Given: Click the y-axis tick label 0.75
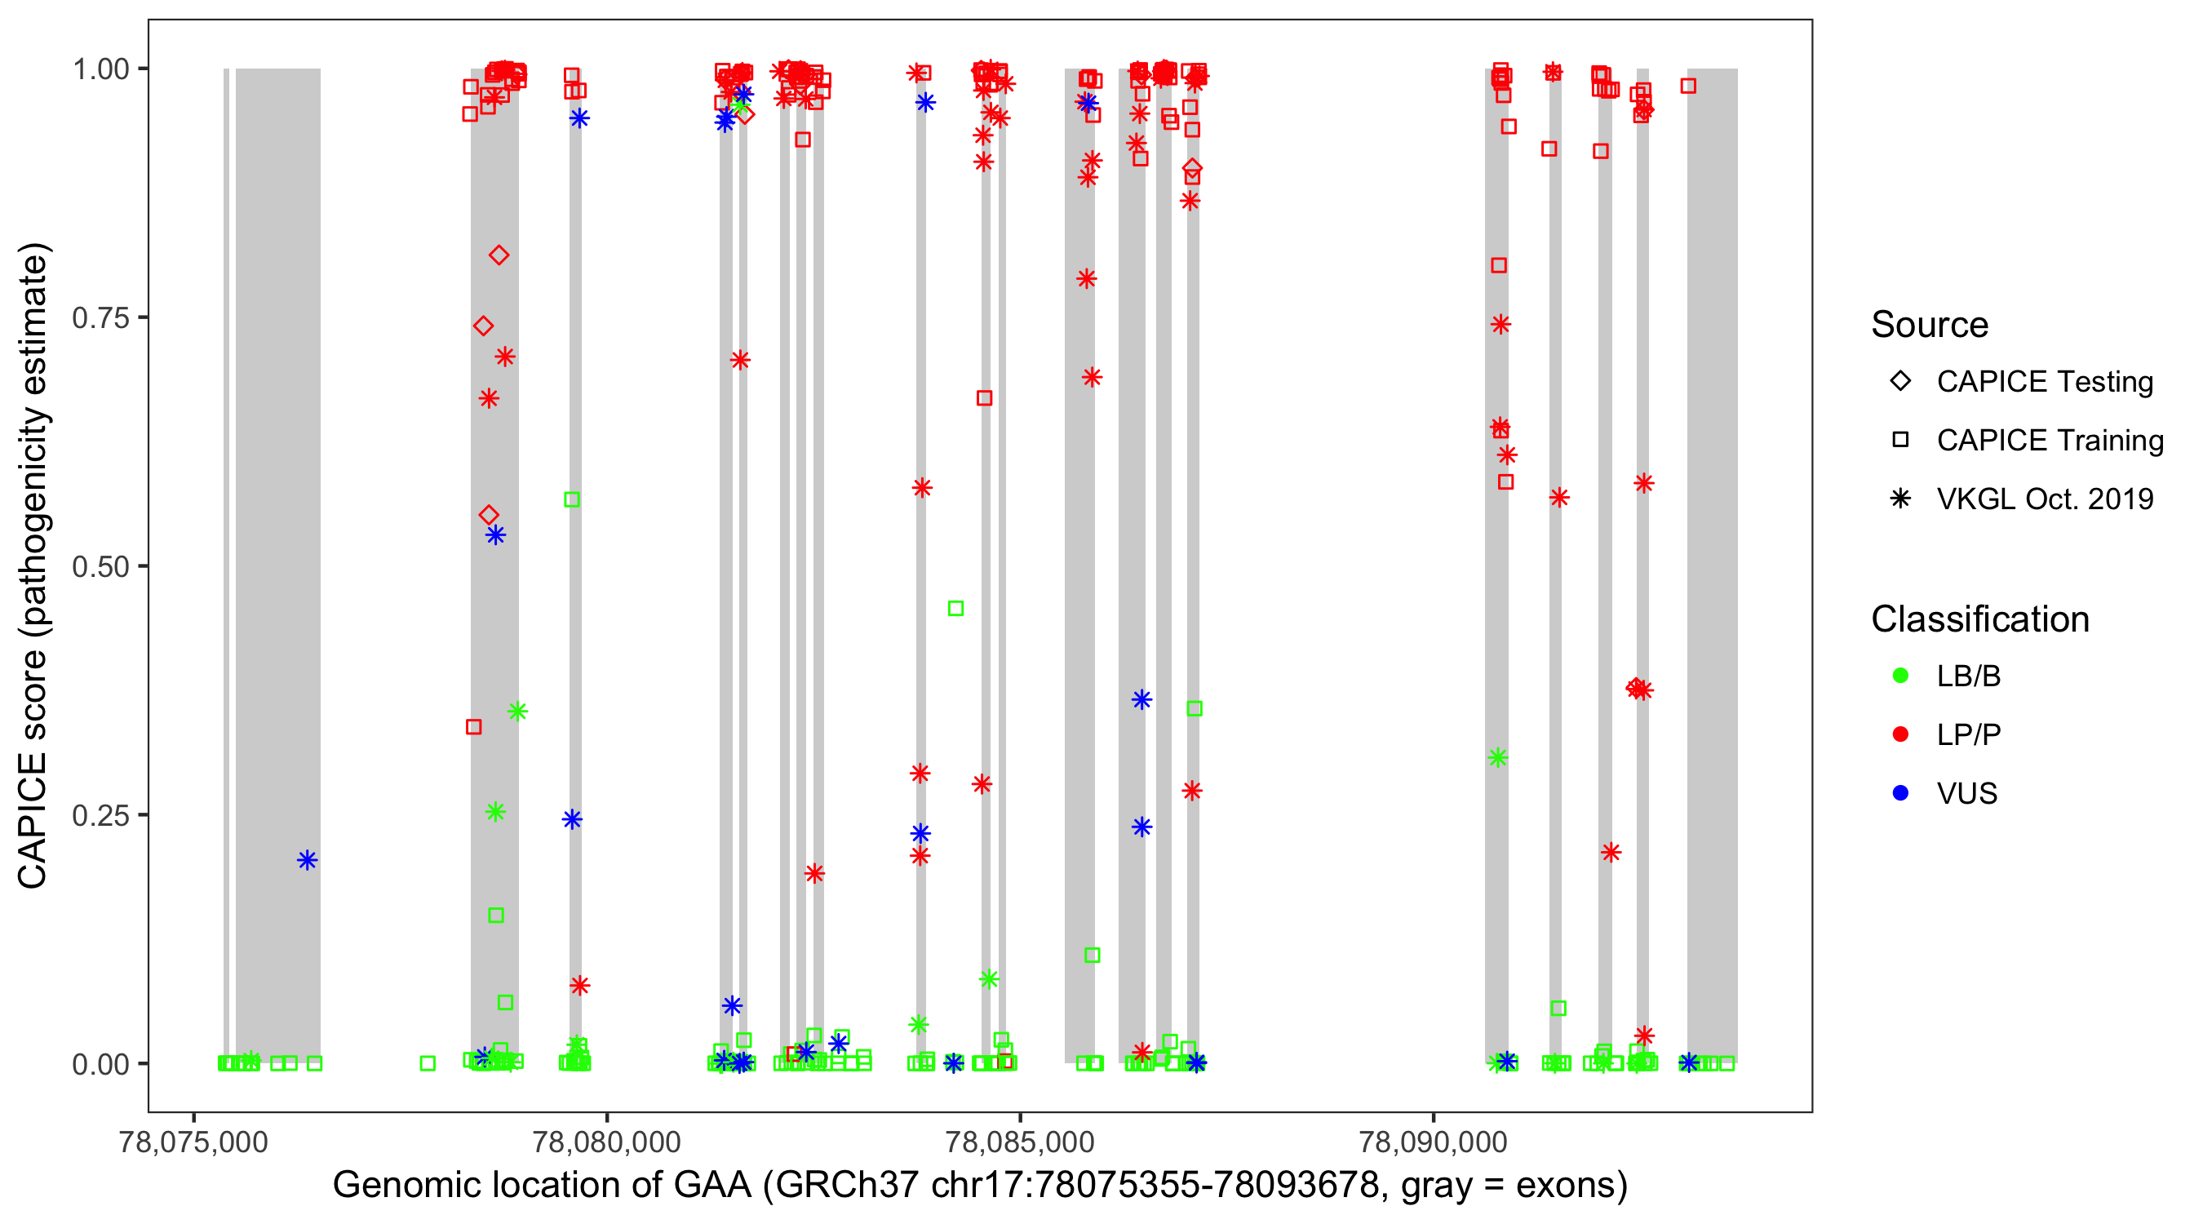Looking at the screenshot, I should click(x=100, y=318).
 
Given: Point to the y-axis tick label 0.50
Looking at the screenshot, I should click(x=100, y=566).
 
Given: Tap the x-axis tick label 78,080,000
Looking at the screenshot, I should click(x=606, y=1142).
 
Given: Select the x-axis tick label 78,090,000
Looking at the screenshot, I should click(x=1433, y=1142).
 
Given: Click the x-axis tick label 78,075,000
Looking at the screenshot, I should click(x=193, y=1142).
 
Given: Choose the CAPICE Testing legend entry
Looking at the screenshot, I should click(x=2044, y=382).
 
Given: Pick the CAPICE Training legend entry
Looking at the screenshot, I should click(x=2049, y=441).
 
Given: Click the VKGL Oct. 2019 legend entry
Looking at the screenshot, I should click(x=2044, y=499).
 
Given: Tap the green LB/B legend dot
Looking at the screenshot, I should click(x=1900, y=676).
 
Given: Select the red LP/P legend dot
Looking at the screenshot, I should click(x=1900, y=734).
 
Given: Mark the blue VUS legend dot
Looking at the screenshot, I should click(x=1900, y=793).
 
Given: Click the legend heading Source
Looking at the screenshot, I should click(x=1930, y=325).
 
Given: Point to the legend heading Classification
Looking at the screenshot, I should click(x=1979, y=619).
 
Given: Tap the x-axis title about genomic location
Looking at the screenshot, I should click(x=980, y=1186).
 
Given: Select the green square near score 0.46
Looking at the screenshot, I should click(x=956, y=608).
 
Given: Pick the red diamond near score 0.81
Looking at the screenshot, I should click(x=499, y=255).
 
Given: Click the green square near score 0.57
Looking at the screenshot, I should click(x=572, y=499).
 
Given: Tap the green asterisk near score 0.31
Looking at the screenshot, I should click(x=1497, y=758).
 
